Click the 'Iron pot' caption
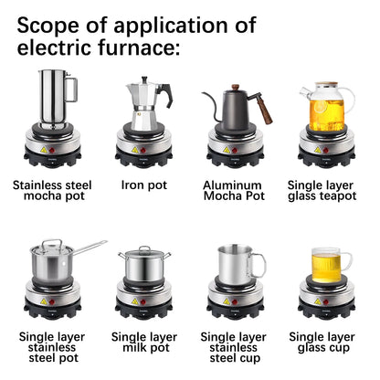[x=143, y=185]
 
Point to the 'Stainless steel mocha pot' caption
[x=52, y=190]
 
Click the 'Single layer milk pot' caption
[x=143, y=343]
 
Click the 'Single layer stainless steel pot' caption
[x=52, y=348]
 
